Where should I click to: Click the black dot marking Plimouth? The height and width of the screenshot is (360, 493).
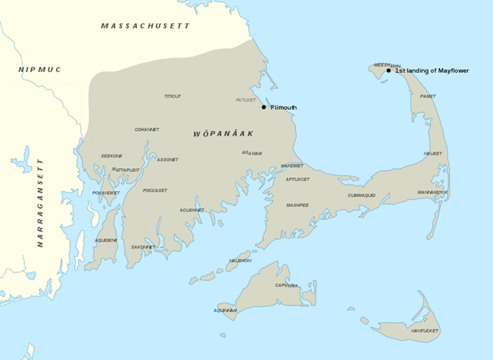point(264,107)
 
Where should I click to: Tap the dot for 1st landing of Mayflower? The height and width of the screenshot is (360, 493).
point(388,70)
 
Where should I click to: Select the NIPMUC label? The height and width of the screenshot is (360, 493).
point(39,70)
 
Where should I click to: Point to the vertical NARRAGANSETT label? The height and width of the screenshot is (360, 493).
point(40,204)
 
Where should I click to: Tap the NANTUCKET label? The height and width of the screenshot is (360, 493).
point(425,331)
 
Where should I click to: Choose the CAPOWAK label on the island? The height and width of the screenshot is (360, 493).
point(287,286)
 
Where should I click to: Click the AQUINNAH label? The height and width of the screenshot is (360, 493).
point(226,311)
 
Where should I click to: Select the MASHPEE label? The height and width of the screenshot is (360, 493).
point(297,205)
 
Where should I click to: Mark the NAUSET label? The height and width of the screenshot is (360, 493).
point(433,154)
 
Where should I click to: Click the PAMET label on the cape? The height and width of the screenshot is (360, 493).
point(428,97)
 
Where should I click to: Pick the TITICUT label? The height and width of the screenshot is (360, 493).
point(173,96)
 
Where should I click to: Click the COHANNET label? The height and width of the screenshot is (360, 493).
point(147,130)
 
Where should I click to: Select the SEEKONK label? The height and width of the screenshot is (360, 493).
point(111,156)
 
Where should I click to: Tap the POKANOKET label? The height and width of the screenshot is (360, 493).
point(105,193)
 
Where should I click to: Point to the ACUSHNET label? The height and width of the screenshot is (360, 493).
point(192,210)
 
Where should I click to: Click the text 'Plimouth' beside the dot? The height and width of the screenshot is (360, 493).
point(284,108)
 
